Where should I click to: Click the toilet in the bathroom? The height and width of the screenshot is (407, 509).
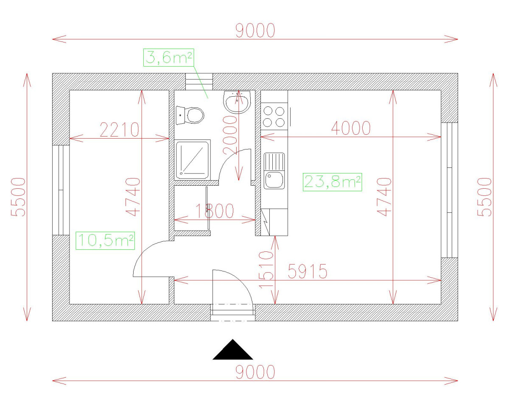(192, 114)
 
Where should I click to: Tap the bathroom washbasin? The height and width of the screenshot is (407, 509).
(237, 102)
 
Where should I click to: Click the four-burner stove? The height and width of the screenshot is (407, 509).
(274, 117)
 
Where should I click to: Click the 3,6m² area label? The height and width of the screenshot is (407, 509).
(168, 57)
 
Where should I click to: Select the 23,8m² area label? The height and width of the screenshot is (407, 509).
(333, 182)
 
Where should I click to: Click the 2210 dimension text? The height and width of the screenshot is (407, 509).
(119, 130)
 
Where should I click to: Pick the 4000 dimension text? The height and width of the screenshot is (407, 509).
(350, 128)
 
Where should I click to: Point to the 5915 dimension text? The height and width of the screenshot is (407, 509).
(308, 271)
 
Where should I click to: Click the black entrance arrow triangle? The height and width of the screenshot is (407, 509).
(232, 351)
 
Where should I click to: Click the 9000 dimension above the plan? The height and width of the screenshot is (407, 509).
(255, 31)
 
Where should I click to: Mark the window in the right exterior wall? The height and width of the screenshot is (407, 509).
(449, 190)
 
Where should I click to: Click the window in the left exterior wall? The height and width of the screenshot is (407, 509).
(60, 190)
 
